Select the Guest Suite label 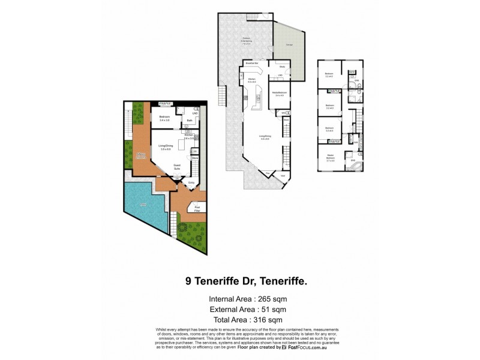click(x=177, y=167)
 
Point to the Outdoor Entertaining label click(x=247, y=41)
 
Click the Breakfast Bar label click(x=251, y=62)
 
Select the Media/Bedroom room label click(x=279, y=93)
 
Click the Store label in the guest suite click(x=195, y=158)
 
